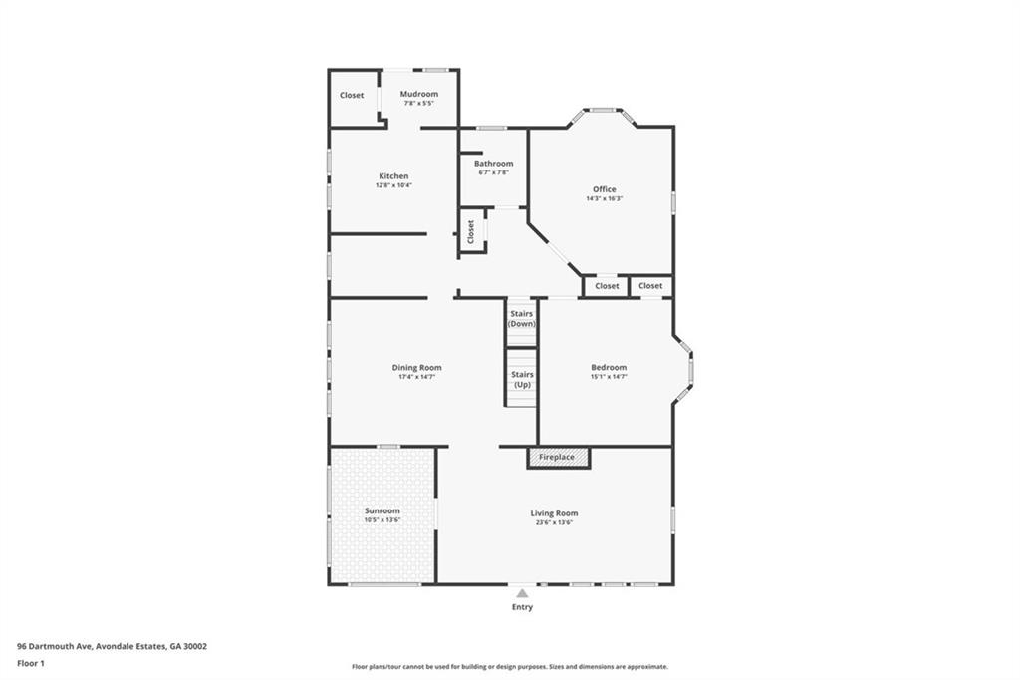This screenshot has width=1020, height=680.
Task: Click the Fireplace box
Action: point(558,458)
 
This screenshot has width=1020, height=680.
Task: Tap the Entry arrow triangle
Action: point(522,592)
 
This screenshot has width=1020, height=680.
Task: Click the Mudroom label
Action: point(419,94)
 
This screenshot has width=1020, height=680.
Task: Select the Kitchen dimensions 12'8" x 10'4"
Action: point(393,185)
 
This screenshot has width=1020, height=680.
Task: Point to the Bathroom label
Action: point(493,164)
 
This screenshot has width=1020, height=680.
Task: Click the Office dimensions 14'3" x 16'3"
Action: point(605,198)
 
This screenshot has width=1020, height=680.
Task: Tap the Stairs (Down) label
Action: point(522,318)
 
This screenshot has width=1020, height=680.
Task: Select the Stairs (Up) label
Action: point(522,379)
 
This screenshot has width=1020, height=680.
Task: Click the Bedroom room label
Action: point(609,367)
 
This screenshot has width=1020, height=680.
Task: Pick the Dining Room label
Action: point(416,368)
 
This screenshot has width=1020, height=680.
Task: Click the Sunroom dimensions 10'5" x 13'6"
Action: point(382,520)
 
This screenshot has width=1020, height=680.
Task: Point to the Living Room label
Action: point(554,513)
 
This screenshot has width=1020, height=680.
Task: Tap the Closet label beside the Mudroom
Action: point(352,95)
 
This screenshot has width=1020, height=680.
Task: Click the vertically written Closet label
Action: point(471,232)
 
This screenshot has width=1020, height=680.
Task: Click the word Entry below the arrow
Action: point(522,607)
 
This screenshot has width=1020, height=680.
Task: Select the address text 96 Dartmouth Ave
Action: point(56,647)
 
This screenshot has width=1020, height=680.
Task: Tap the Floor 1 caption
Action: point(31,664)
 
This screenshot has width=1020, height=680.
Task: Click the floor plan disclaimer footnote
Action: point(510,667)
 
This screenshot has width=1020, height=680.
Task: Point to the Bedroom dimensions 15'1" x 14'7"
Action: point(609,377)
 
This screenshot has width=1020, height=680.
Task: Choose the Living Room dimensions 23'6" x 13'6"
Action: point(554,522)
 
